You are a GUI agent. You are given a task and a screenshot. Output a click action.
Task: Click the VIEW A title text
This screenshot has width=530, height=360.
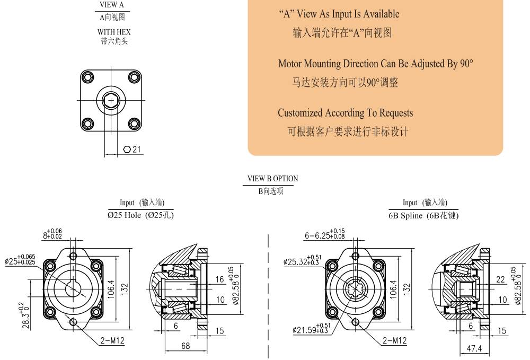(111, 5)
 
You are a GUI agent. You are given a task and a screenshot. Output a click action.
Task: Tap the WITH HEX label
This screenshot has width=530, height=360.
(114, 32)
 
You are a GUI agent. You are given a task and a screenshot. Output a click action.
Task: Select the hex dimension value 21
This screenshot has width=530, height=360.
(137, 150)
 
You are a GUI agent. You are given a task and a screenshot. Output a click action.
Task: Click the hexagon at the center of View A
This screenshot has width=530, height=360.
(111, 100)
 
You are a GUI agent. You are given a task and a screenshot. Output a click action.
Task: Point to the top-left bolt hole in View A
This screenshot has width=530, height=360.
(88, 78)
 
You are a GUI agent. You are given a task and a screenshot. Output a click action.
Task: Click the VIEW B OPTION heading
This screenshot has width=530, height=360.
(273, 179)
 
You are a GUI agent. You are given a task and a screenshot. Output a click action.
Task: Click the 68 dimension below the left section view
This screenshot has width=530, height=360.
(185, 346)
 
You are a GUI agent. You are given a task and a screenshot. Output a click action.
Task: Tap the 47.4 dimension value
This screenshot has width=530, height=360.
(474, 348)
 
